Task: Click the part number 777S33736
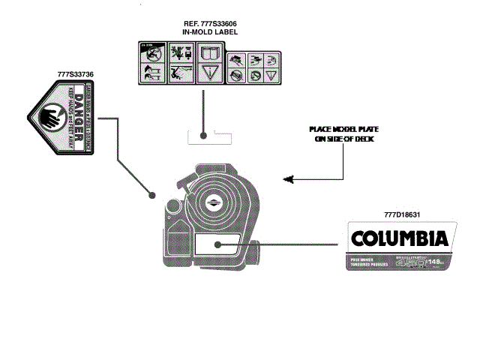coord(75,74)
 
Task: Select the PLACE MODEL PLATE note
coord(343,130)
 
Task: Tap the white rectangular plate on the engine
coord(218,244)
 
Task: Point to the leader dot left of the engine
coord(153,195)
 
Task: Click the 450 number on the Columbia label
coord(412,263)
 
